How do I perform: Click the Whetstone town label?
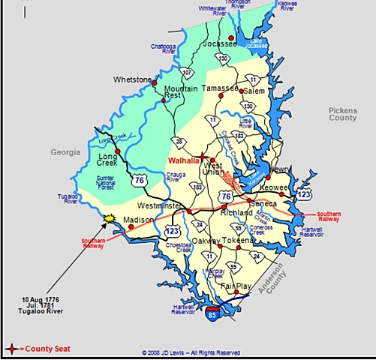click(132, 79)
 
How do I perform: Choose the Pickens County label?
click(343, 114)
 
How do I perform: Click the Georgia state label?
click(65, 151)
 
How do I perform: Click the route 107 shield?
click(188, 73)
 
